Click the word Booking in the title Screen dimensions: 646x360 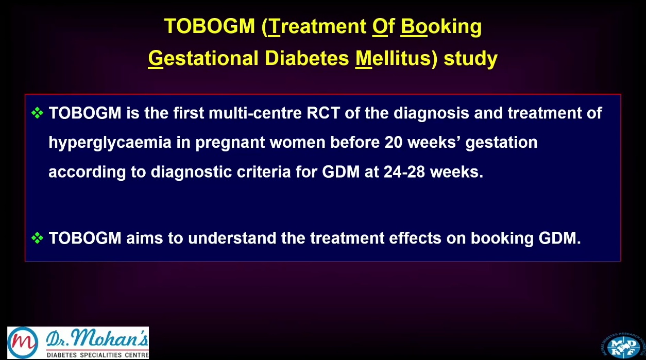(441, 27)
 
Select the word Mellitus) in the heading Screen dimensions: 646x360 (396, 58)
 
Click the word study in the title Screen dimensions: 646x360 (471, 59)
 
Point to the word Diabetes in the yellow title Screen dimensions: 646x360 (307, 58)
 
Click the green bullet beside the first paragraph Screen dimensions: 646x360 (37, 113)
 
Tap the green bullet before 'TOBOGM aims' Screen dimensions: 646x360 (37, 238)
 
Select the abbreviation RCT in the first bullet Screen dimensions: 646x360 (324, 113)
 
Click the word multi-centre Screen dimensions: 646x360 (255, 113)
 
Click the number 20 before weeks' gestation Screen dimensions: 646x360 (394, 142)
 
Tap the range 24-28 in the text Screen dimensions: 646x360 (404, 172)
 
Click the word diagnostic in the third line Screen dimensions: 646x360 (191, 173)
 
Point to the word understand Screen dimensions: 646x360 (232, 238)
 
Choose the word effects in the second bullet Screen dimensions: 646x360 (415, 238)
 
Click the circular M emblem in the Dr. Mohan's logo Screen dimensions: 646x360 (23, 342)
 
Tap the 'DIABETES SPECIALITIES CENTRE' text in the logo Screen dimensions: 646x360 (98, 355)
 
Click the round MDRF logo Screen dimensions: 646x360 (623, 346)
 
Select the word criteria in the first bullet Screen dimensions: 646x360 (264, 172)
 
